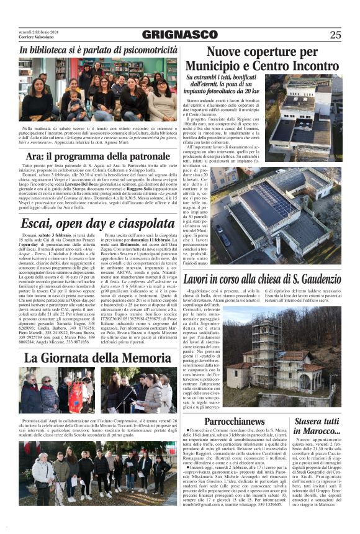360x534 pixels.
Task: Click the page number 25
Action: (335, 35)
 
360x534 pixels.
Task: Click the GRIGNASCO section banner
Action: (179, 35)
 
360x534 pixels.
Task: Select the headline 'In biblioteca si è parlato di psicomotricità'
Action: (98, 50)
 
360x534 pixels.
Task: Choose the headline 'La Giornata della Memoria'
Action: (98, 358)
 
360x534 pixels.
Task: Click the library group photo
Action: (98, 90)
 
